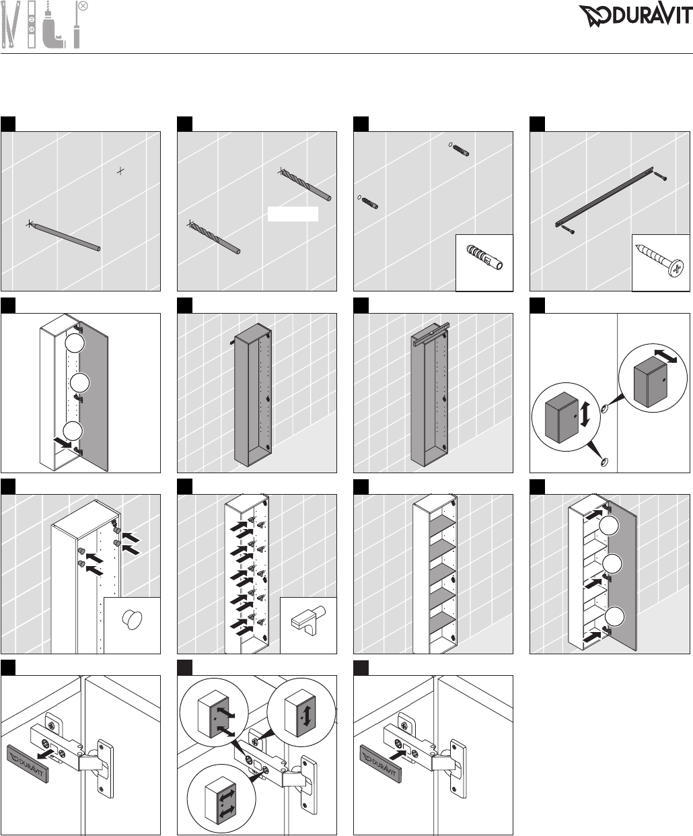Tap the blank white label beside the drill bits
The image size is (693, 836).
tap(293, 214)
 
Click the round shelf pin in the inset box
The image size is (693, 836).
tap(131, 619)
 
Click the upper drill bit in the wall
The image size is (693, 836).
tap(306, 185)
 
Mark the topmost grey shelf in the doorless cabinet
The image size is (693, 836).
tap(435, 528)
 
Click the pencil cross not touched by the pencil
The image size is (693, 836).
tap(120, 171)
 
